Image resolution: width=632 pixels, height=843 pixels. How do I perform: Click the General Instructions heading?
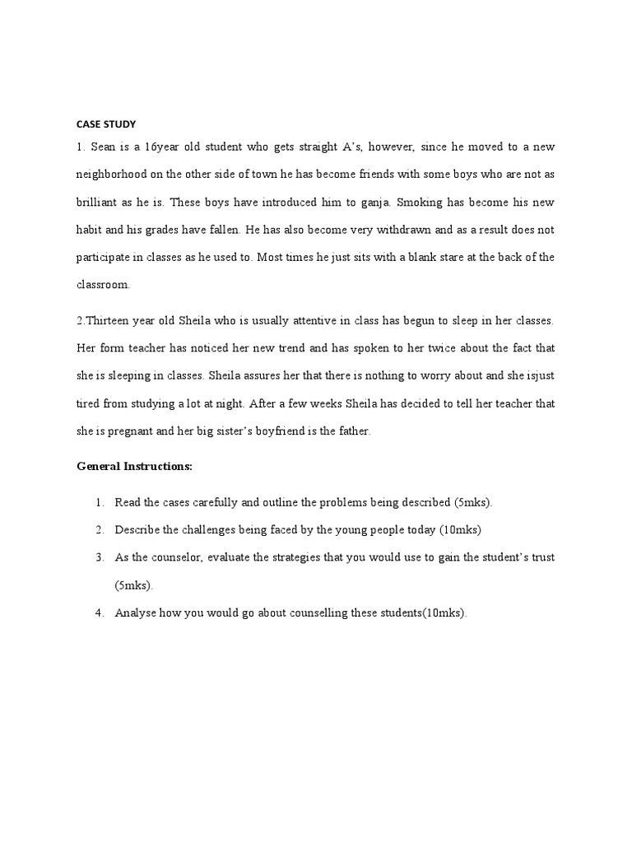(x=134, y=467)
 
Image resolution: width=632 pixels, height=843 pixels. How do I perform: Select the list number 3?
(x=99, y=557)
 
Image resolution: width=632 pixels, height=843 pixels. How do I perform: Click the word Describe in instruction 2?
(x=137, y=529)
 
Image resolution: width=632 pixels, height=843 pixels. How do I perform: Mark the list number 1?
(x=99, y=502)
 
